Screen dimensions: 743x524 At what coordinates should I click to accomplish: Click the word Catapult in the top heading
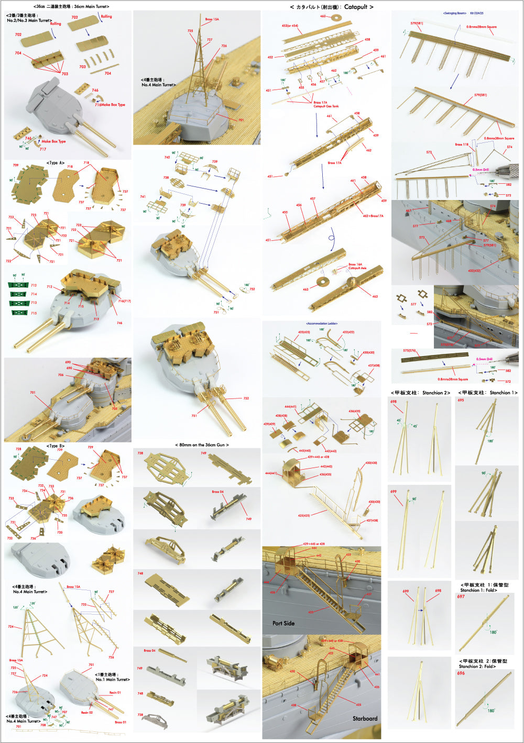(x=356, y=7)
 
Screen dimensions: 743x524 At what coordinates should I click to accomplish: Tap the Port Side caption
(x=283, y=623)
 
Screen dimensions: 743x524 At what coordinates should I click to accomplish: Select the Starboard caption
(x=365, y=718)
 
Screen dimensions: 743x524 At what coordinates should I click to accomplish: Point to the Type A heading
(x=56, y=163)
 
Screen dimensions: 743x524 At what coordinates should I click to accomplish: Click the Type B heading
(x=56, y=446)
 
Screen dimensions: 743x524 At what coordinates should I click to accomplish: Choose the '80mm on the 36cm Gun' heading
(x=202, y=445)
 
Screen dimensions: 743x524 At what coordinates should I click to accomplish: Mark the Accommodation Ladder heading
(x=321, y=324)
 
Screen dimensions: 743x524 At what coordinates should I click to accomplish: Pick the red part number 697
(x=461, y=596)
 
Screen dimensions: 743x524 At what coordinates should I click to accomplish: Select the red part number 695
(x=461, y=400)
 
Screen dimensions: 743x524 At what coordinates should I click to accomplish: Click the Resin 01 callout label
(x=115, y=693)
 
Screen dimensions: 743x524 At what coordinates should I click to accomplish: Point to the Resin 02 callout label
(x=87, y=713)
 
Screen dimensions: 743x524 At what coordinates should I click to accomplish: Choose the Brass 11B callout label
(x=462, y=145)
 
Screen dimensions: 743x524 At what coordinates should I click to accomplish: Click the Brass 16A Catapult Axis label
(x=357, y=266)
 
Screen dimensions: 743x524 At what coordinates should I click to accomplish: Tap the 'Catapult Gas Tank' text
(x=326, y=106)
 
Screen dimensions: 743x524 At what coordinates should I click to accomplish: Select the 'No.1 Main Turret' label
(x=113, y=680)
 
